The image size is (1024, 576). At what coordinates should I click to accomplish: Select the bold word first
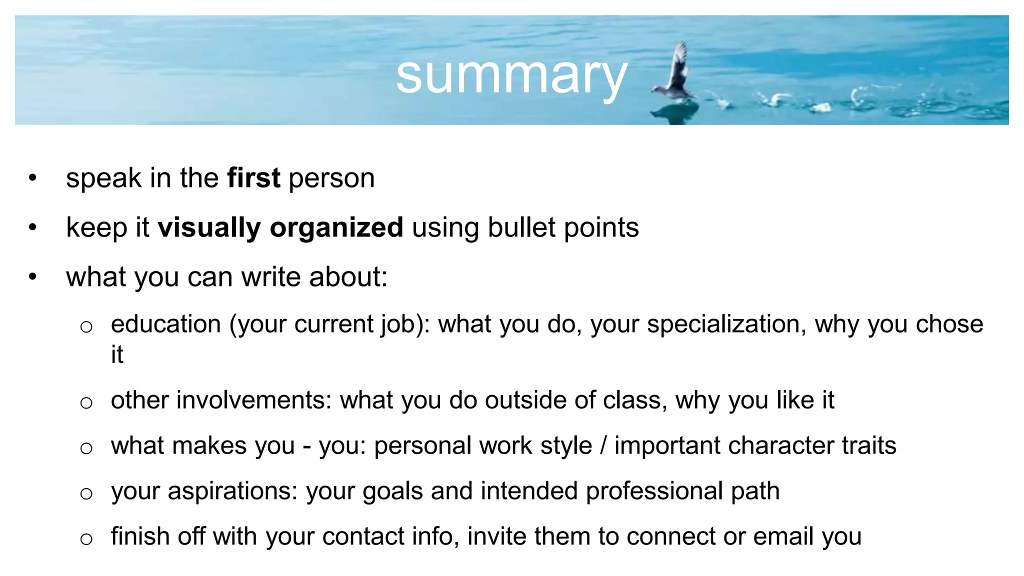point(253,178)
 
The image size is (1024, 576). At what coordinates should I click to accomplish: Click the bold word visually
point(209,228)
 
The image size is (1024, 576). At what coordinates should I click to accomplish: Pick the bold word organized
point(336,228)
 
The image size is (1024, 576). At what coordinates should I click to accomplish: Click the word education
point(166,324)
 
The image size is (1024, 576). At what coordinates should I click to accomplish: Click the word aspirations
point(232,491)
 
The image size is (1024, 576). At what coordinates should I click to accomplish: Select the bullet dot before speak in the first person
point(33,178)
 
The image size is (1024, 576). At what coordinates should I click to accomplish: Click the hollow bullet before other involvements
point(86,402)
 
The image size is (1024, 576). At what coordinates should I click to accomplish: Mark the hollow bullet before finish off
point(86,538)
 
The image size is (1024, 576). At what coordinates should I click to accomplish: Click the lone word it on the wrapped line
point(117,354)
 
